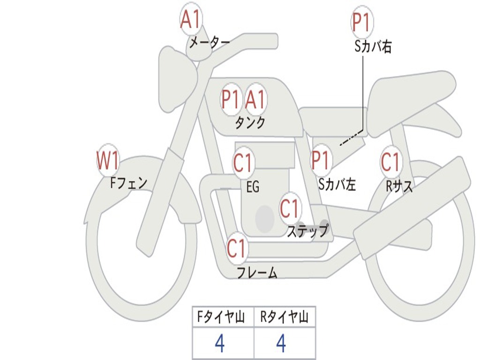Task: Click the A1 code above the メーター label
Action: coord(191,20)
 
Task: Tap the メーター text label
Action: coord(209,43)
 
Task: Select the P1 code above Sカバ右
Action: coord(362,22)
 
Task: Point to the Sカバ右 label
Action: coord(373,46)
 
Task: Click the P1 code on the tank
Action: coord(231,99)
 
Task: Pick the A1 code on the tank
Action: coord(255,99)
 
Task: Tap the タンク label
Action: coord(250,123)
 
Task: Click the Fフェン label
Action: coord(128,182)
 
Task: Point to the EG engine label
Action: coord(253,187)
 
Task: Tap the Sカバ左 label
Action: coord(337,185)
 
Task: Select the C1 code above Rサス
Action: coord(390,162)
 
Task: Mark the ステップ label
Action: coord(307,231)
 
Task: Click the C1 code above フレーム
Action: coord(237,248)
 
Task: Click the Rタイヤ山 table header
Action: coord(284,318)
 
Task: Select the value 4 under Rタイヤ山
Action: coord(281,344)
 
